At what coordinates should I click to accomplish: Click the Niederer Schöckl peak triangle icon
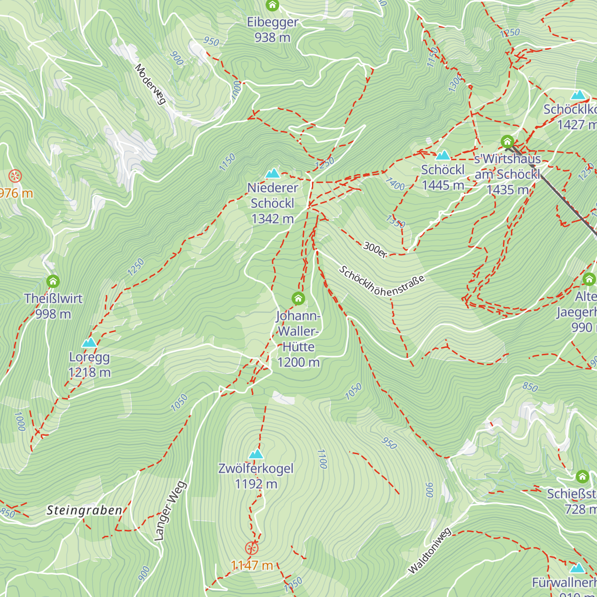(x=272, y=173)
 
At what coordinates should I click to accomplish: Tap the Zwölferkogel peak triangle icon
(x=256, y=453)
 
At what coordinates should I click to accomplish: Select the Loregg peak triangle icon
(x=89, y=342)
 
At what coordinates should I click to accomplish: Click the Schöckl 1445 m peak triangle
(x=442, y=155)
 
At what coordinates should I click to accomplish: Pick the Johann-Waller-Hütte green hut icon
(x=298, y=298)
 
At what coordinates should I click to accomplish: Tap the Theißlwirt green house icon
(x=53, y=282)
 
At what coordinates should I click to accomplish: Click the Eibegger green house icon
(x=272, y=5)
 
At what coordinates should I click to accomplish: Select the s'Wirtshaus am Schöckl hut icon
(x=507, y=141)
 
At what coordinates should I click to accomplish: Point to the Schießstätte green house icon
(x=582, y=477)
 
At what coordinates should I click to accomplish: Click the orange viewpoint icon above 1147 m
(x=252, y=548)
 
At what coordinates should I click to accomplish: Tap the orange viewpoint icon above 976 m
(x=15, y=176)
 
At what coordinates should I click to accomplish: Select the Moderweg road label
(x=150, y=84)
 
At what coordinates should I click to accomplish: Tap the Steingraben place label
(x=84, y=510)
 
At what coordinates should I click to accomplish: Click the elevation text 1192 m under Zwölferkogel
(x=256, y=484)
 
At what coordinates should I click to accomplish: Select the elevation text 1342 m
(x=272, y=218)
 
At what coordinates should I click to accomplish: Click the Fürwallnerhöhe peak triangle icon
(x=577, y=568)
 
